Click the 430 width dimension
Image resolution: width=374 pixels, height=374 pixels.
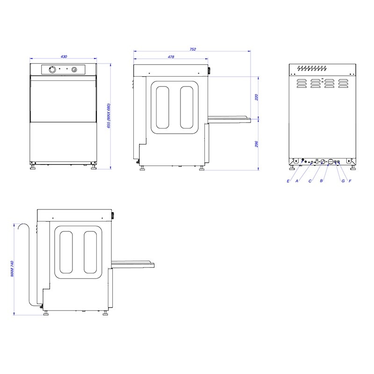click(64, 57)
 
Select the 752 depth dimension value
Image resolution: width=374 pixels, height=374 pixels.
click(193, 49)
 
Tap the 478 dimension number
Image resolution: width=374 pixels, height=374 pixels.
click(171, 57)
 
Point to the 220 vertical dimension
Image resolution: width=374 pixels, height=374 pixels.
click(257, 97)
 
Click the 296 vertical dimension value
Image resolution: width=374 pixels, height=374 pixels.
click(257, 144)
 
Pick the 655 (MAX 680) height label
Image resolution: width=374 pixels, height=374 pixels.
click(109, 116)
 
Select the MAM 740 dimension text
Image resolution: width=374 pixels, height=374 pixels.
click(12, 268)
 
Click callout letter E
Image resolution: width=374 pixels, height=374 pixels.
click(288, 181)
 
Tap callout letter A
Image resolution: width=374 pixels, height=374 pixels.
click(297, 181)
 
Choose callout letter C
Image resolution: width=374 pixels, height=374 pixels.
click(310, 181)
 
